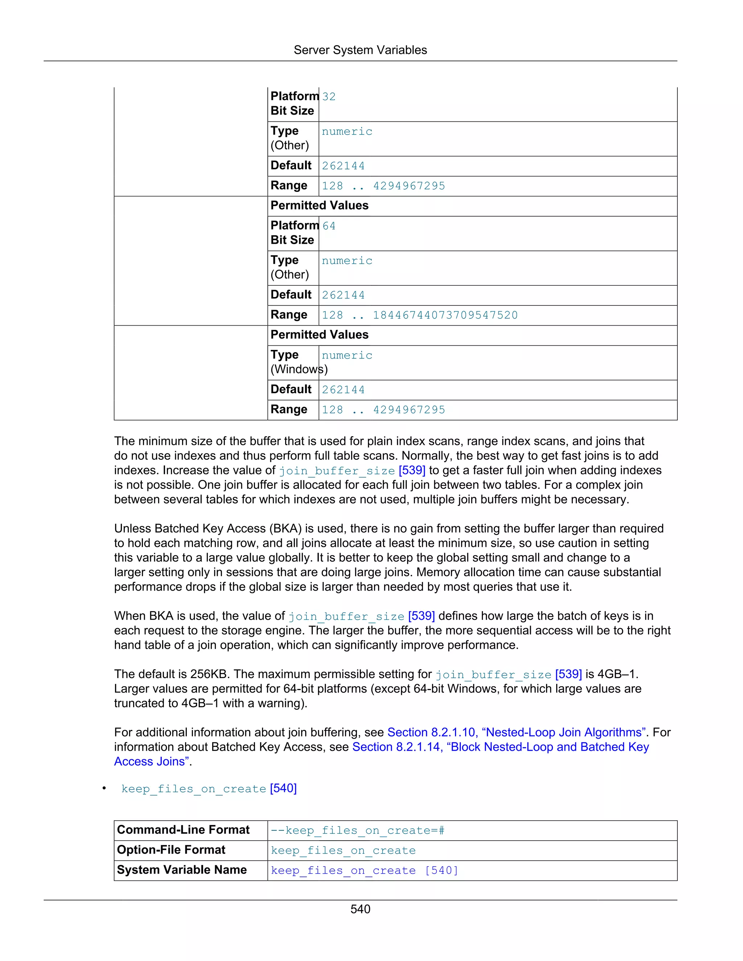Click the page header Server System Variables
coord(360,50)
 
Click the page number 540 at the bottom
coord(360,909)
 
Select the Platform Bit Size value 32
coord(329,97)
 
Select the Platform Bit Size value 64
coord(329,226)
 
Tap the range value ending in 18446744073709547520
coord(419,315)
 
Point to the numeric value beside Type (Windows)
coord(347,355)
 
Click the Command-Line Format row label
coord(183,830)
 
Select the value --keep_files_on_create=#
coord(357,830)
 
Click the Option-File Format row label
coord(171,850)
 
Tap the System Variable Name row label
coord(182,870)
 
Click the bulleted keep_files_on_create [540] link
coord(209,788)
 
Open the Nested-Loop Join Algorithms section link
coord(517,732)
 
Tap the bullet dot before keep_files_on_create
coord(104,788)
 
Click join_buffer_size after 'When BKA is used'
coord(346,616)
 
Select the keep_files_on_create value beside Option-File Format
coord(343,850)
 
